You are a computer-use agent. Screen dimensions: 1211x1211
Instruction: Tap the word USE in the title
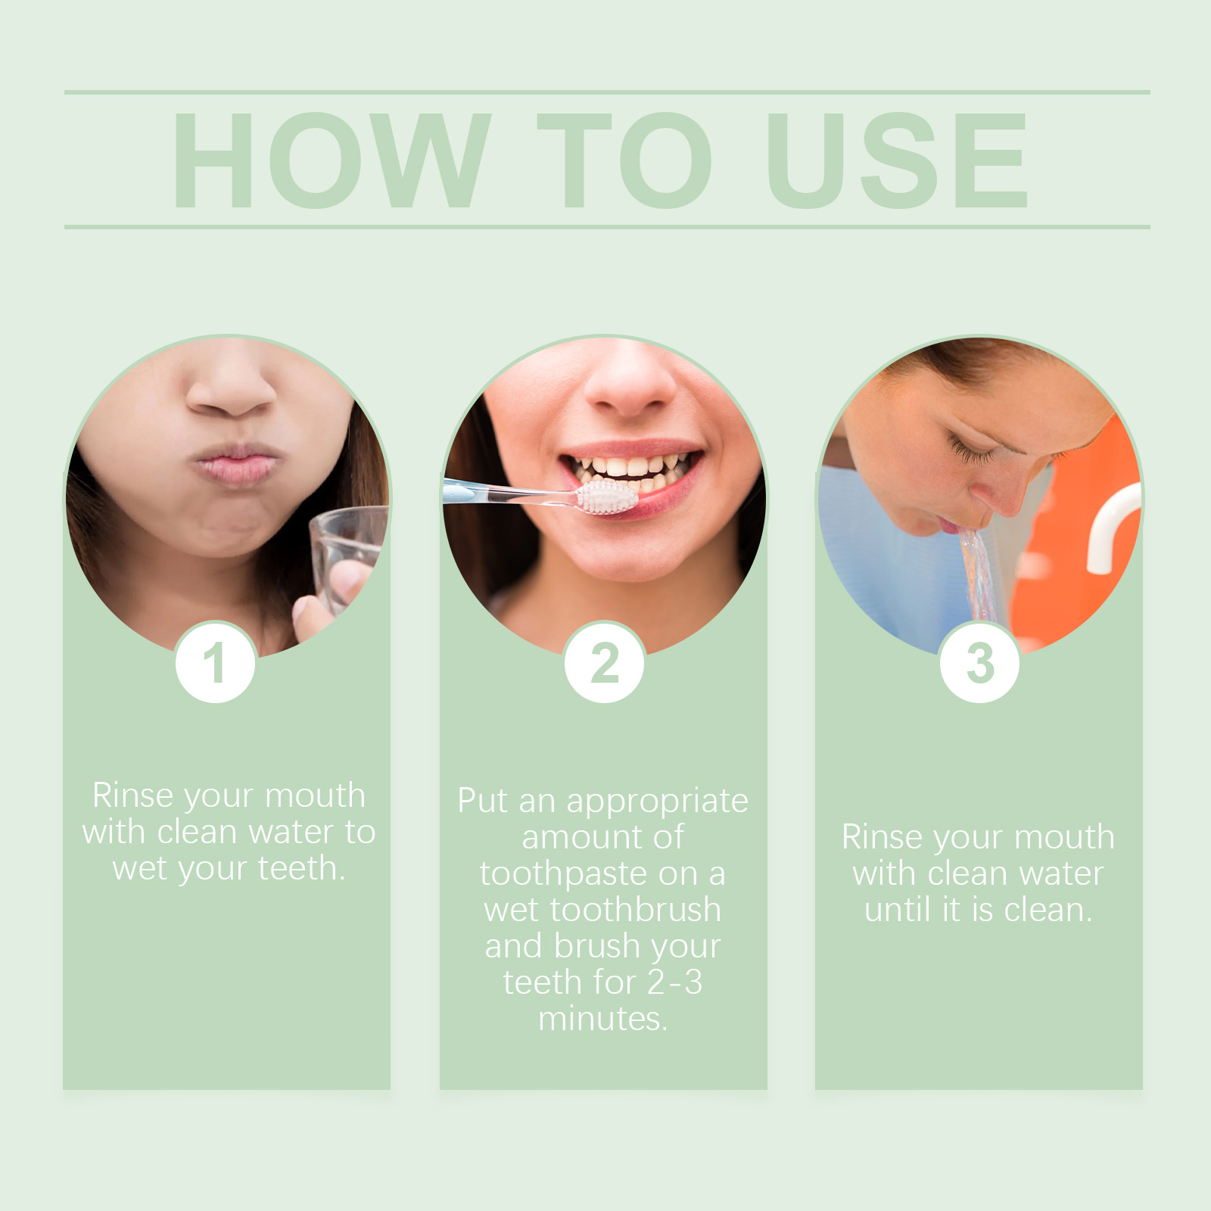[898, 160]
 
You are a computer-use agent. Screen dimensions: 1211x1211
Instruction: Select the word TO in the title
[625, 160]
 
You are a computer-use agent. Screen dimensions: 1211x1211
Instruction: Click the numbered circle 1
[215, 663]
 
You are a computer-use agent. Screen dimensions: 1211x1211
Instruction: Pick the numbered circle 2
[604, 663]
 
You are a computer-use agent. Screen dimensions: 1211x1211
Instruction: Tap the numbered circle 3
[979, 663]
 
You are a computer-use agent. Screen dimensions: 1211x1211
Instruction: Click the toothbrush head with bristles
[607, 498]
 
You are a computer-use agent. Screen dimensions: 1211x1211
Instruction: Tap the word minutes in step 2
[603, 1019]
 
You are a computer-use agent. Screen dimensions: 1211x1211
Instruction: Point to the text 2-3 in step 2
[675, 982]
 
